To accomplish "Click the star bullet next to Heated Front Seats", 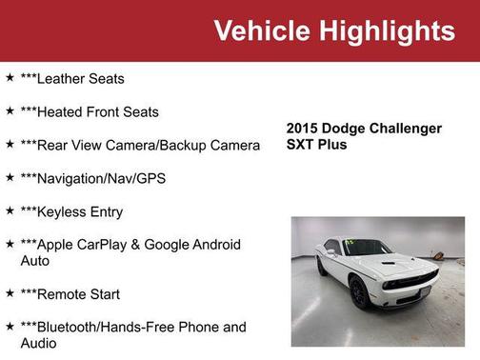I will [x=10, y=111].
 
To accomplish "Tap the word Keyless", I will [x=63, y=211].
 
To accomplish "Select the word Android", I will [x=214, y=245].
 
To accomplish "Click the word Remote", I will [x=64, y=294].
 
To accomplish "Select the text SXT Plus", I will [x=317, y=145].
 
